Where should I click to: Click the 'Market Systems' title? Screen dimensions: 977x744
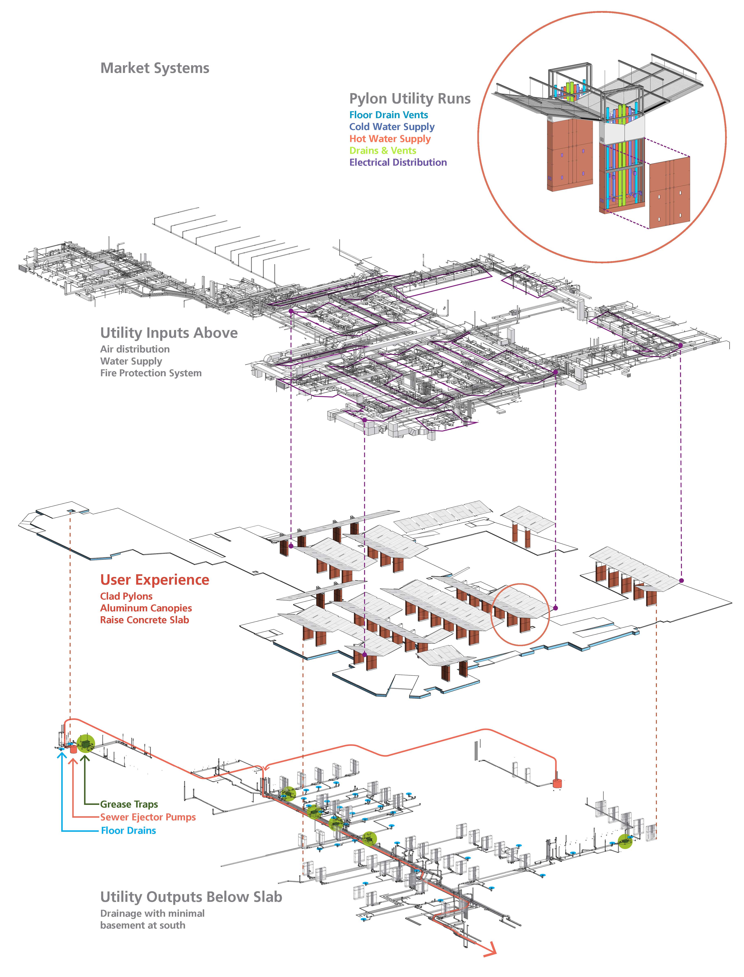[154, 68]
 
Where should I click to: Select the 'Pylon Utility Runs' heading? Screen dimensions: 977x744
[410, 98]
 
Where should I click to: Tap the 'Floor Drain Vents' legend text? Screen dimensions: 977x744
[388, 115]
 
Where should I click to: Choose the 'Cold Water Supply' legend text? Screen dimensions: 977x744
[391, 127]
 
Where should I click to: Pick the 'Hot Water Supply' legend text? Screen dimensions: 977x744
[390, 139]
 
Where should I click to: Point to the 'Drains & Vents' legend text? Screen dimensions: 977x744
[383, 151]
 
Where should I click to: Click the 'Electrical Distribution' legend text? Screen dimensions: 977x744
[398, 162]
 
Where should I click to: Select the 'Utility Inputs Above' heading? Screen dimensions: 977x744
[169, 333]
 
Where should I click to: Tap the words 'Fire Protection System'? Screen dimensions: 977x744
[151, 373]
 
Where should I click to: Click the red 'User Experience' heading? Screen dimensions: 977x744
[154, 580]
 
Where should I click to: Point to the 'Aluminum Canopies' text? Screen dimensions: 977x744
[146, 608]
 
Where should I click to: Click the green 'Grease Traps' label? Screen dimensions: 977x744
[129, 804]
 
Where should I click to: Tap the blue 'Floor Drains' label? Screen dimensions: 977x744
[128, 830]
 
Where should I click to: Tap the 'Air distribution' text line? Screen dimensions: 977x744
[135, 349]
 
